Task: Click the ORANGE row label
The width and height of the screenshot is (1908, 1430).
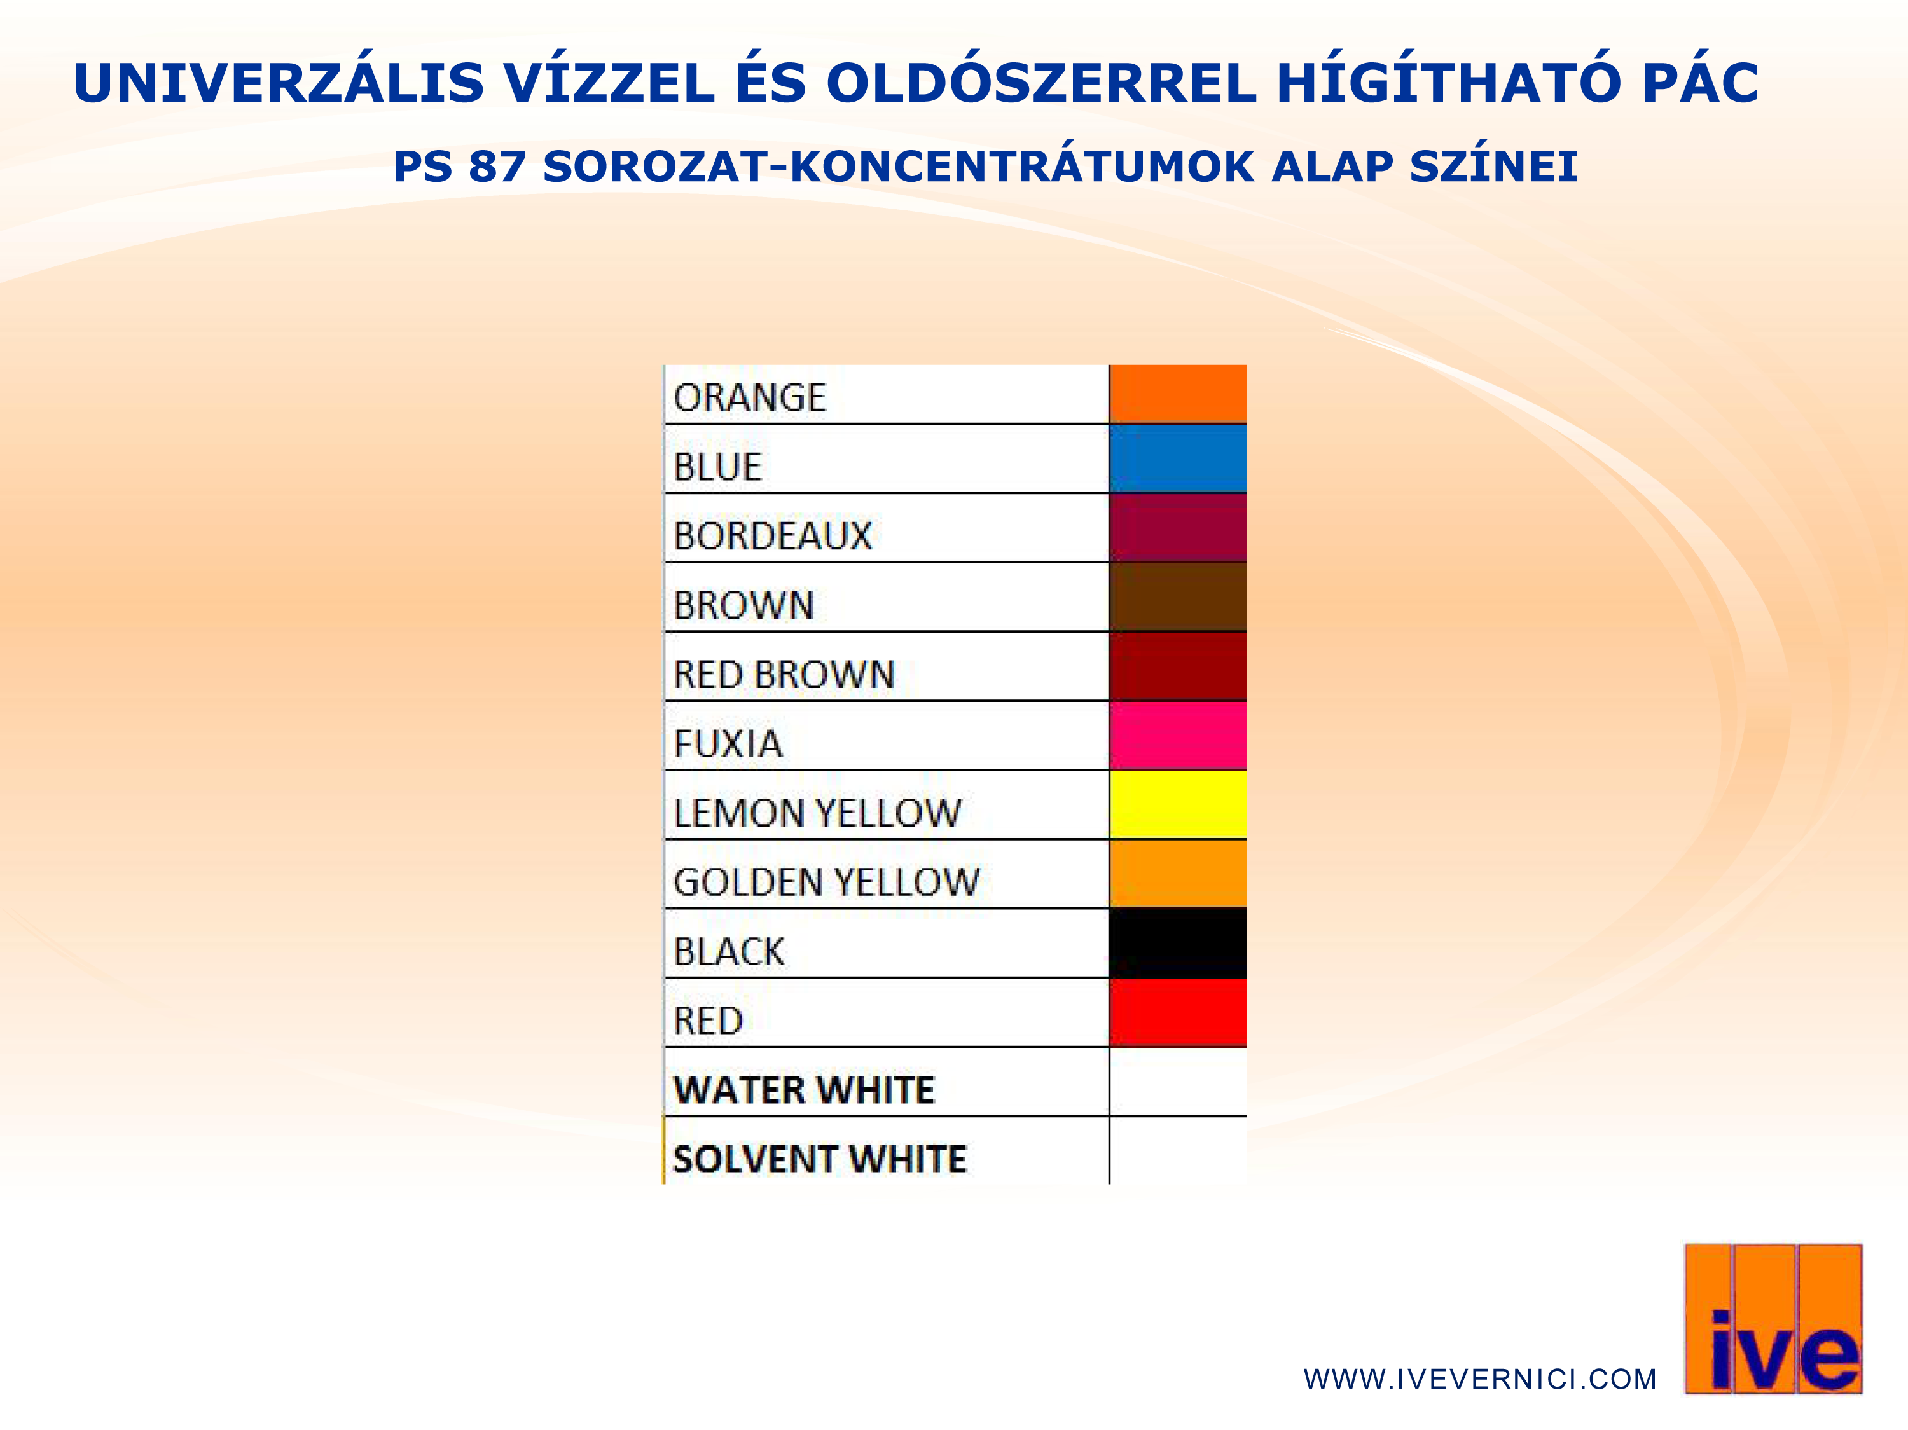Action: point(750,397)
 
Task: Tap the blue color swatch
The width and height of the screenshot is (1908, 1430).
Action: point(1177,458)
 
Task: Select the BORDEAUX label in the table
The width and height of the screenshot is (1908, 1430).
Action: point(773,535)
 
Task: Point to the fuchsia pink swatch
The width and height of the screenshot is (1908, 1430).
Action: point(1177,735)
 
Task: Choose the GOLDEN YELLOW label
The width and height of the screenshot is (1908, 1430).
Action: point(826,881)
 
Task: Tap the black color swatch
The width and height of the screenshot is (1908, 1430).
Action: point(1177,943)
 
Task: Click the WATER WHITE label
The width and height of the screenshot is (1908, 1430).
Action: point(804,1089)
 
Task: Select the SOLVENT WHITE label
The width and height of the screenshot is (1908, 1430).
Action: point(819,1158)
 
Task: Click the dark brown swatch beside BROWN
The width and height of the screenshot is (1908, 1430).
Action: point(1177,597)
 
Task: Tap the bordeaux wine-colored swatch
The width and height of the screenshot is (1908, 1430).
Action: point(1177,528)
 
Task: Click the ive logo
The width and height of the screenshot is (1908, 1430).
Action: point(1773,1319)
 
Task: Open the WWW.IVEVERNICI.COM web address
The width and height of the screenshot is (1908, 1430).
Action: point(1480,1379)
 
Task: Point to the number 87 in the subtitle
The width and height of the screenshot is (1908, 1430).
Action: point(497,167)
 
